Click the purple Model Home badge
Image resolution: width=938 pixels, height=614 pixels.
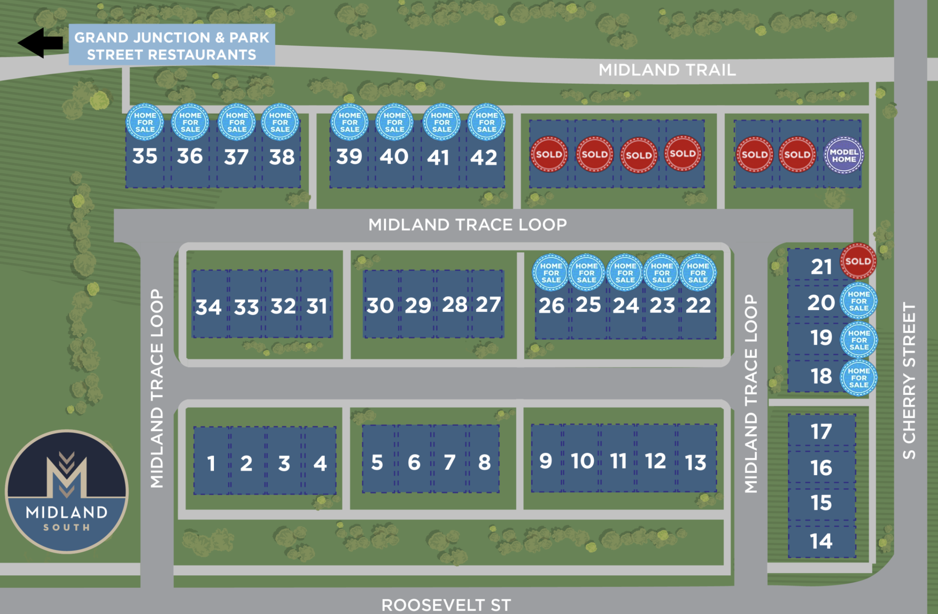(844, 155)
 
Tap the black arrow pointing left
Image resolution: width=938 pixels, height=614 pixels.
(40, 42)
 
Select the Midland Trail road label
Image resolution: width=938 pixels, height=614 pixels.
(667, 70)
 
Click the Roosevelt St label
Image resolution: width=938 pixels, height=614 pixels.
(446, 605)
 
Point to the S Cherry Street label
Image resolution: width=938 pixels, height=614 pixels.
(909, 381)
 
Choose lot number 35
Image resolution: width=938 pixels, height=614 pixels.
(145, 156)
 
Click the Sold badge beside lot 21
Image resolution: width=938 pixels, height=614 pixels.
(858, 261)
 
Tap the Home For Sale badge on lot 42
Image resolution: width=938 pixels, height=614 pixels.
(487, 122)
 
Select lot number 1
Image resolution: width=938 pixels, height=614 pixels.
(211, 464)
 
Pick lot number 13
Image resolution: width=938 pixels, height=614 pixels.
(695, 463)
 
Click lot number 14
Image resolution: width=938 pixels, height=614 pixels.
(821, 541)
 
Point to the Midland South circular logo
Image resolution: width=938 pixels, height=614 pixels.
(67, 491)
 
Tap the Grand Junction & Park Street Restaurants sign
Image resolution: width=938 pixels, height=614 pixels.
(172, 45)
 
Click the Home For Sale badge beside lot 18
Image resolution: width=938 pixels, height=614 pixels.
(859, 378)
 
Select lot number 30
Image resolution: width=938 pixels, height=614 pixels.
(380, 305)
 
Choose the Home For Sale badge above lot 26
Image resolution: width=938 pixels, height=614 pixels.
(551, 273)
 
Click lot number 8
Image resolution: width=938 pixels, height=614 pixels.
(484, 462)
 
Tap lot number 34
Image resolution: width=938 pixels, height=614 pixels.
(208, 307)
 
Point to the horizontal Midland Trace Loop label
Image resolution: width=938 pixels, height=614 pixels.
(468, 225)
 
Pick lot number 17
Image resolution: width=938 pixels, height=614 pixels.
(821, 431)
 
